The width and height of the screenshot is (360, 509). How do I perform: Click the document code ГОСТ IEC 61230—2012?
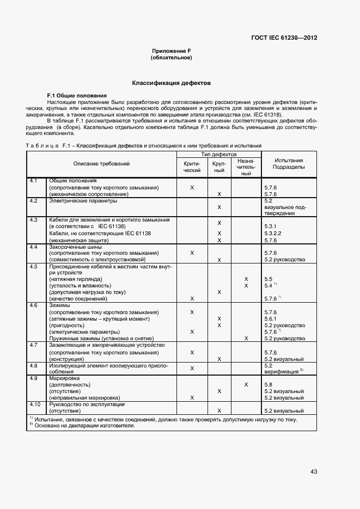[285, 38]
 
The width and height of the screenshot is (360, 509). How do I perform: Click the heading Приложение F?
[172, 51]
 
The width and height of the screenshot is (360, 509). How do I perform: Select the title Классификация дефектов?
[172, 83]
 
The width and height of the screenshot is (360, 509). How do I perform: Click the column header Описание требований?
[102, 164]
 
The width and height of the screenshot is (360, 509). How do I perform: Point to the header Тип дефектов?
[218, 155]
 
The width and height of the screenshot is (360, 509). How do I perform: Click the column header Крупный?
[219, 167]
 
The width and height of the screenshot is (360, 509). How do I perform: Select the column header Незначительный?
[246, 167]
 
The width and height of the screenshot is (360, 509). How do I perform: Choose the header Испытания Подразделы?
[289, 164]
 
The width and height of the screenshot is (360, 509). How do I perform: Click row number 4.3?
[33, 220]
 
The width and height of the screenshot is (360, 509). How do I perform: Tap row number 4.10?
[34, 404]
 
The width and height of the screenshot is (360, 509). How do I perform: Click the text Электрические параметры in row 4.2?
[83, 200]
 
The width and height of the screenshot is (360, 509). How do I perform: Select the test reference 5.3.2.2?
[274, 233]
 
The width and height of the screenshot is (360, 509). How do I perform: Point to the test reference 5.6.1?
[271, 319]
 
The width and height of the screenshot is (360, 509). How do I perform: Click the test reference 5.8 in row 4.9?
[268, 385]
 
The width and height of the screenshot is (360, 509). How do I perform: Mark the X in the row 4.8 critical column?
[192, 369]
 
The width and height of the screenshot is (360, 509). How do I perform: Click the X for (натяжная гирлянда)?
[246, 279]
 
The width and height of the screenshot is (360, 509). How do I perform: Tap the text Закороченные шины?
[75, 247]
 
